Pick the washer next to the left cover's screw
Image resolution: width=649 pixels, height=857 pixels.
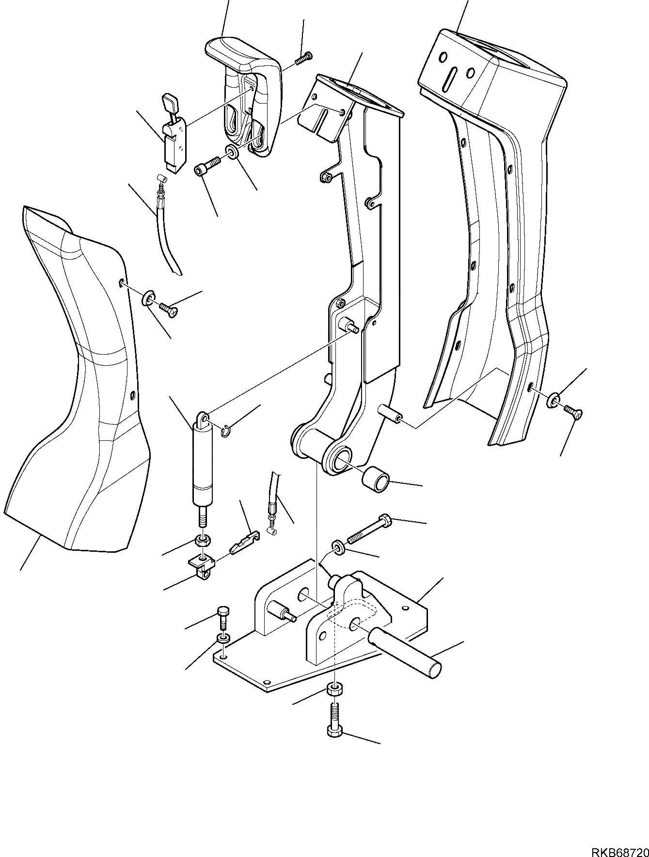148,298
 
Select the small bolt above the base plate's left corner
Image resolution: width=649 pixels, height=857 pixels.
222,617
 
